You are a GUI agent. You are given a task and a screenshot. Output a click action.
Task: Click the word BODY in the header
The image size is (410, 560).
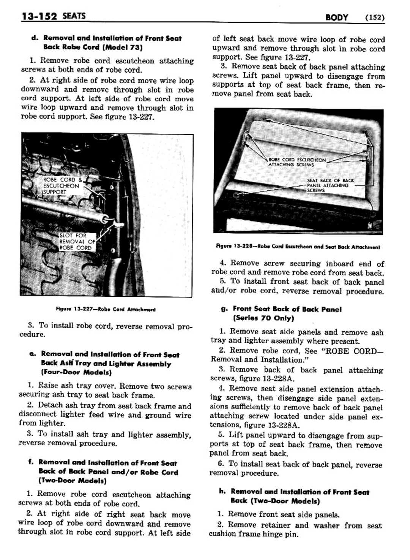click(337, 17)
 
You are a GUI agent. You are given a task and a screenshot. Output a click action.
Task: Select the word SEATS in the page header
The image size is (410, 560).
click(74, 16)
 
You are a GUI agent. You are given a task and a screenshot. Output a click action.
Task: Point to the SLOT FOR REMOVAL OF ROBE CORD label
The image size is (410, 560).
click(76, 242)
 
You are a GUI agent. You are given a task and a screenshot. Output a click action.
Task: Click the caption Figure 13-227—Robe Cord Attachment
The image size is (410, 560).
click(106, 309)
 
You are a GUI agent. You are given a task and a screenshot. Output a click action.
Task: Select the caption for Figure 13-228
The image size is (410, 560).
click(298, 247)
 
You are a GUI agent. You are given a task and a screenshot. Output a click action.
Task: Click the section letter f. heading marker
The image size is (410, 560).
click(30, 463)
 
